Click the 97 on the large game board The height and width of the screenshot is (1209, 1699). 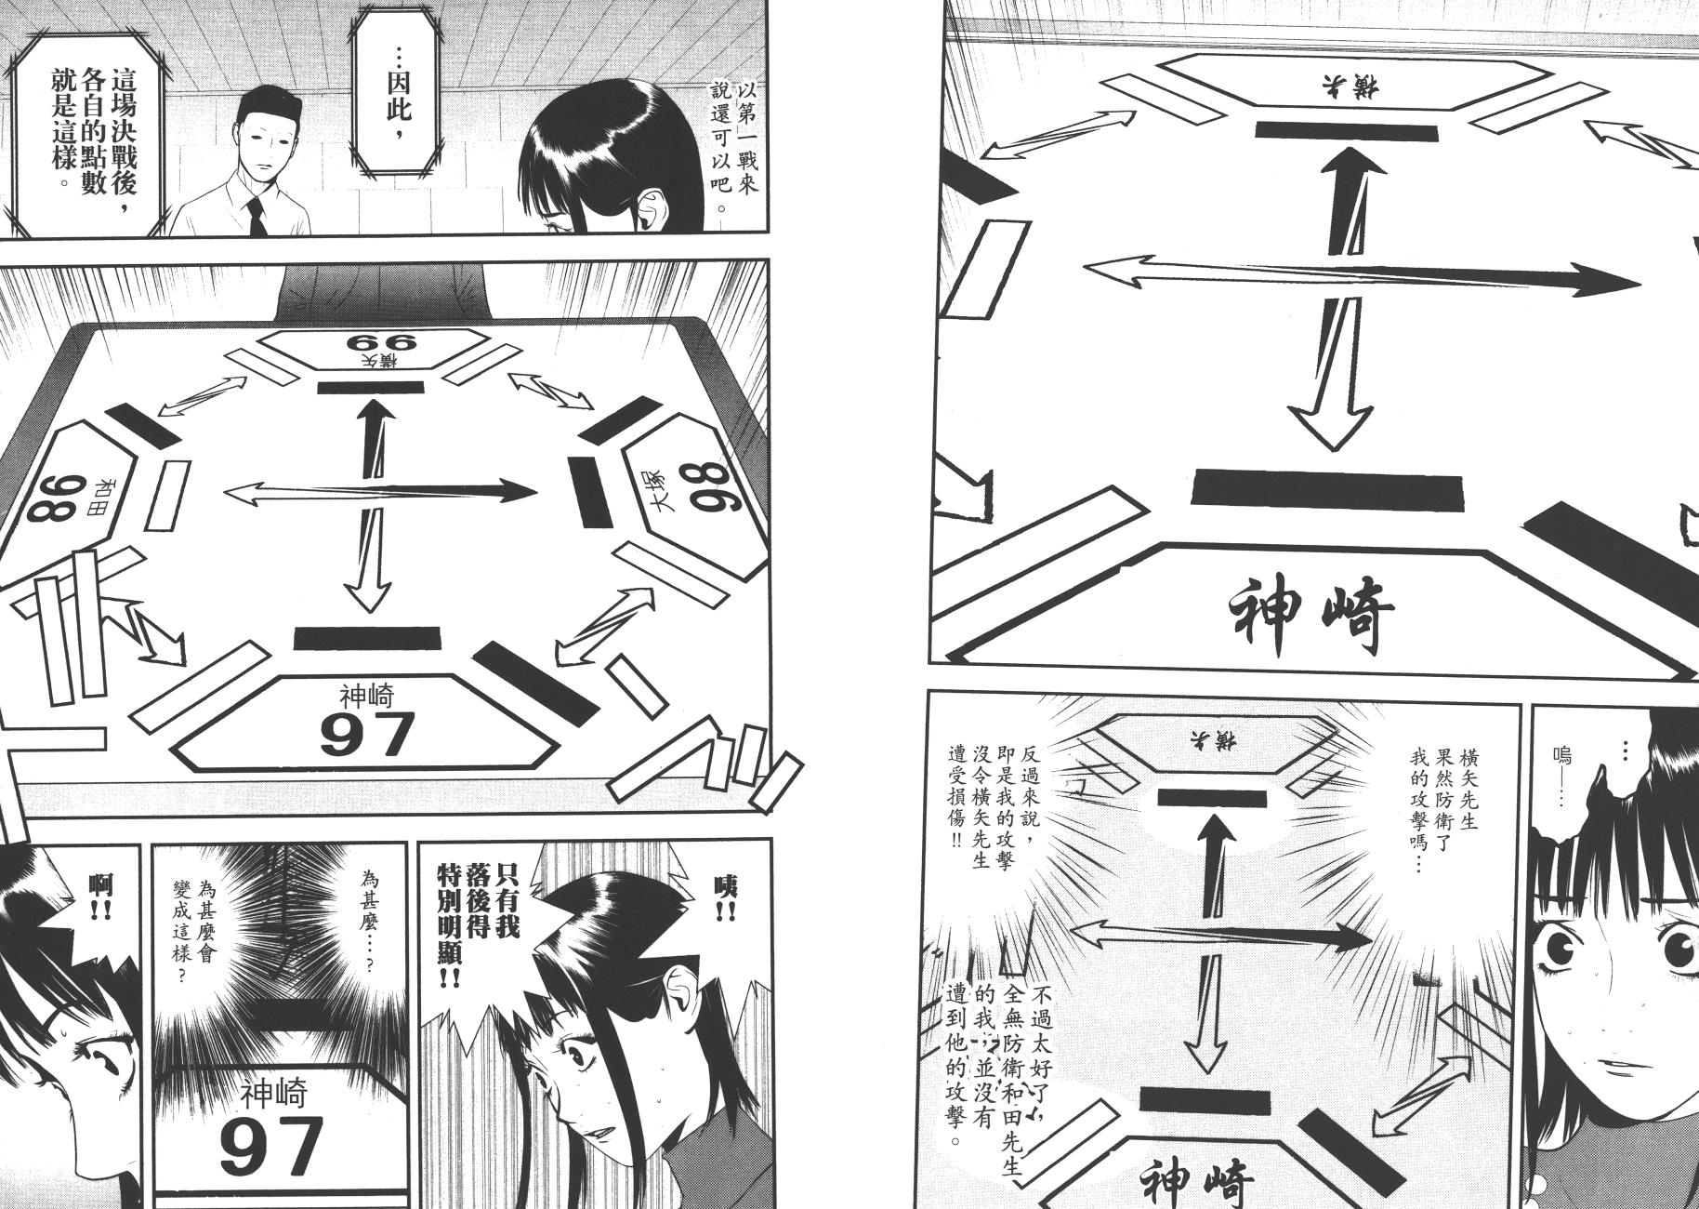coord(367,734)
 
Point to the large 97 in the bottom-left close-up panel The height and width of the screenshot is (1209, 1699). coord(272,1146)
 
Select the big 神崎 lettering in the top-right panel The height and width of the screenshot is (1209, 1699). coord(1311,614)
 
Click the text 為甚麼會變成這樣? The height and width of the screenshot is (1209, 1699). coord(197,922)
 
